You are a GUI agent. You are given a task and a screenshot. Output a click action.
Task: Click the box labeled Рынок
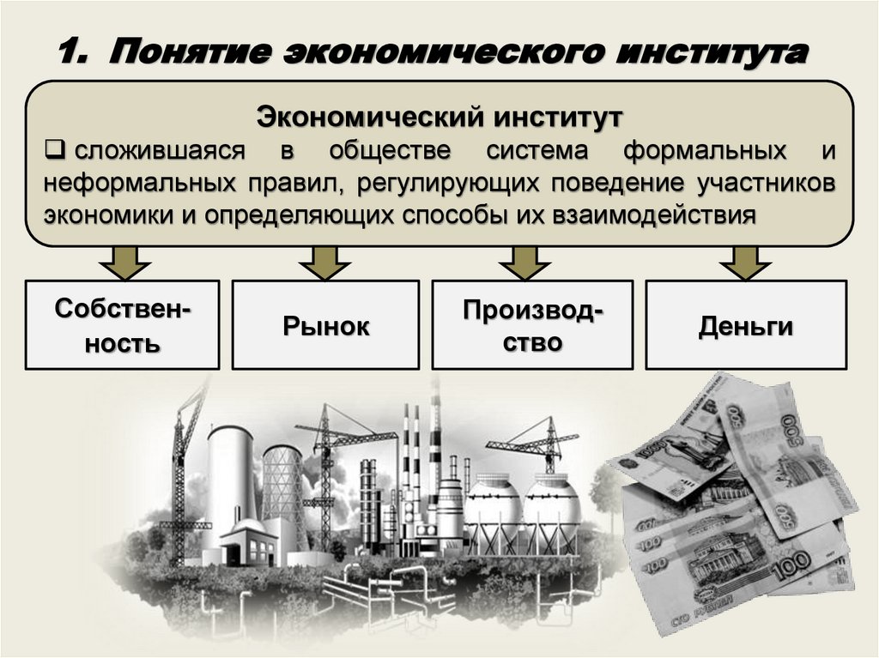click(326, 325)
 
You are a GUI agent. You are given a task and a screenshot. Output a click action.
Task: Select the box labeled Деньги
click(745, 325)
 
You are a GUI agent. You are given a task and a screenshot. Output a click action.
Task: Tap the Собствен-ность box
click(122, 325)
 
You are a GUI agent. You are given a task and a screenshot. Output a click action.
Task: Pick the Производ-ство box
click(532, 325)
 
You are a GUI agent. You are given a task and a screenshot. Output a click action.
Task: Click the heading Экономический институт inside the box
click(439, 117)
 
